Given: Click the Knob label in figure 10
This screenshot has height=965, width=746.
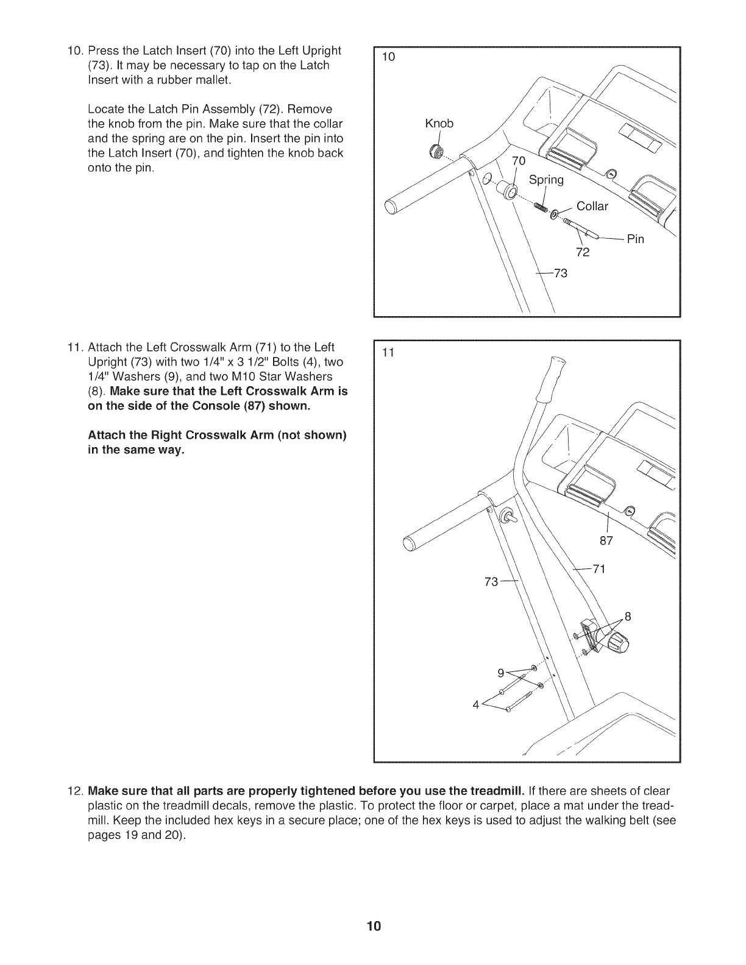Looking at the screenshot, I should tap(439, 124).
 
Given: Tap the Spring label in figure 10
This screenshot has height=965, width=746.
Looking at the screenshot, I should tap(547, 180).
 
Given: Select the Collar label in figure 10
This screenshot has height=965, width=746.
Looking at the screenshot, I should tap(592, 207).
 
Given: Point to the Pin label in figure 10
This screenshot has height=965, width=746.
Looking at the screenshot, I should tap(636, 239).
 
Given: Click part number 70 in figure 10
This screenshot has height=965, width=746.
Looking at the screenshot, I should tap(518, 161).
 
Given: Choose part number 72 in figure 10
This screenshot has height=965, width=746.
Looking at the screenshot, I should tap(583, 253).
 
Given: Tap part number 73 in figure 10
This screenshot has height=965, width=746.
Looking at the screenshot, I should tap(560, 274).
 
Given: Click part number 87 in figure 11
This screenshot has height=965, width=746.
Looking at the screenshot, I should tap(608, 540).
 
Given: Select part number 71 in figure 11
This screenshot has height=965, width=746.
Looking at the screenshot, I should tap(598, 570).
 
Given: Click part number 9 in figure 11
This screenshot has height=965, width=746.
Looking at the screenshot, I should tap(501, 673).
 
